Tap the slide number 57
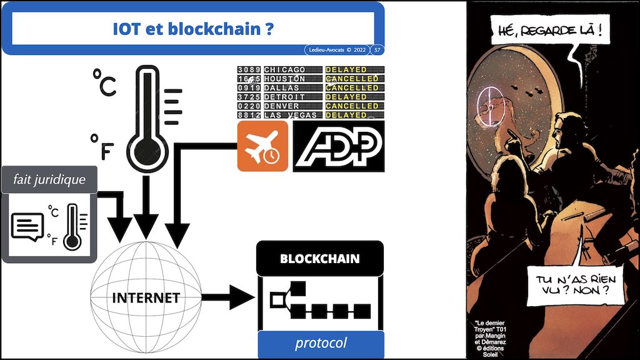click(377, 49)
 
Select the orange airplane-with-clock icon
click(262, 146)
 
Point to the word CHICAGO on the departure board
click(285, 69)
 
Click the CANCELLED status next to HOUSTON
click(352, 79)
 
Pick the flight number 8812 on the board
click(248, 115)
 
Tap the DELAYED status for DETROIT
click(346, 97)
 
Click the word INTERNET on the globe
click(146, 297)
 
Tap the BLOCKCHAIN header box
click(320, 258)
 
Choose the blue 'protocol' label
click(321, 343)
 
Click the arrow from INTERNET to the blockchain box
click(227, 297)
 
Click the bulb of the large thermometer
click(145, 151)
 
